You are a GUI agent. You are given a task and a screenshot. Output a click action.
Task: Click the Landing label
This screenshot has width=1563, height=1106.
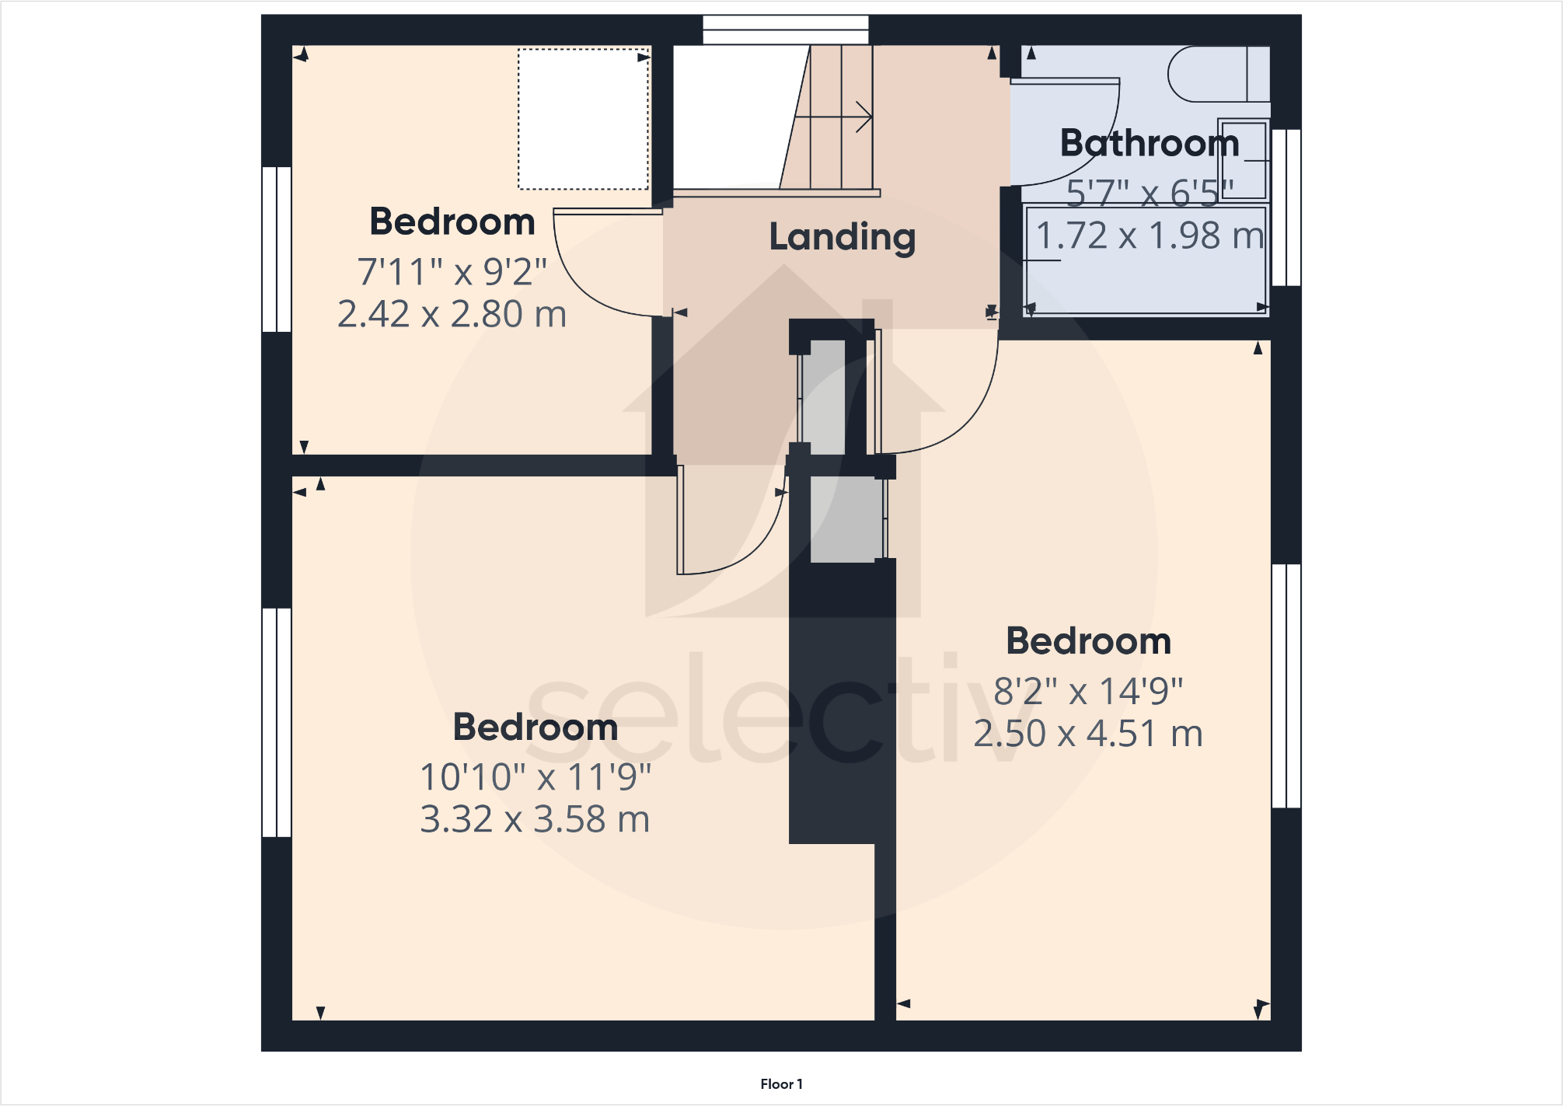[842, 237]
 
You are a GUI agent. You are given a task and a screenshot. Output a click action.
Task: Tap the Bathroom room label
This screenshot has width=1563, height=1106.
[1149, 143]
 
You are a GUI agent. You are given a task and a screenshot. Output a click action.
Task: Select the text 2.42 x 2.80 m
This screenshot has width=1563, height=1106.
[452, 314]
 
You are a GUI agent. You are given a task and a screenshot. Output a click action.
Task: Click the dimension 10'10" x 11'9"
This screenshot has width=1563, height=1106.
[535, 776]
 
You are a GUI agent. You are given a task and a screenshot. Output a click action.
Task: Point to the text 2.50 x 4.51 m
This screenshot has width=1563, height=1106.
[1087, 734]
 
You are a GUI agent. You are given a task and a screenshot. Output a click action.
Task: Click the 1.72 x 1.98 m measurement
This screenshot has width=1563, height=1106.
[1149, 236]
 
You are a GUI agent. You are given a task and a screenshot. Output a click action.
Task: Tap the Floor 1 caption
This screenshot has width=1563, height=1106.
[781, 1084]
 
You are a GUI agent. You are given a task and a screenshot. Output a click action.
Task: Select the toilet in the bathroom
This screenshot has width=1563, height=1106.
[1216, 74]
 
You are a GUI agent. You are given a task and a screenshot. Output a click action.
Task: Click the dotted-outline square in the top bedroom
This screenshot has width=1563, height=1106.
[583, 119]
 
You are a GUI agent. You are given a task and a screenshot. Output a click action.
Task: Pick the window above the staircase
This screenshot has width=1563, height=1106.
[785, 30]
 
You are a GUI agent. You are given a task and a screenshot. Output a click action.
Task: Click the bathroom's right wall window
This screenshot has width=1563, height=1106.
[1286, 208]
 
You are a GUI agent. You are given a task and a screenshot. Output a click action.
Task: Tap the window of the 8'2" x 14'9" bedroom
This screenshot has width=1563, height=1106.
[1286, 686]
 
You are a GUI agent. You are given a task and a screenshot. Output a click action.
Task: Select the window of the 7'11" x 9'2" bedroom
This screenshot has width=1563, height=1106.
[277, 249]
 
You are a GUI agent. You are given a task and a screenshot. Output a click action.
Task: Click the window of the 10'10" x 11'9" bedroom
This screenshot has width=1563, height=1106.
[277, 722]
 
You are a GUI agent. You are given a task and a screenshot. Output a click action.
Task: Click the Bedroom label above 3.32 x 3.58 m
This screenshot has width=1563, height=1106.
[535, 727]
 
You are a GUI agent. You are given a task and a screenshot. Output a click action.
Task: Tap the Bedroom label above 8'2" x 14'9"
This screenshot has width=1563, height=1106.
[1087, 641]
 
